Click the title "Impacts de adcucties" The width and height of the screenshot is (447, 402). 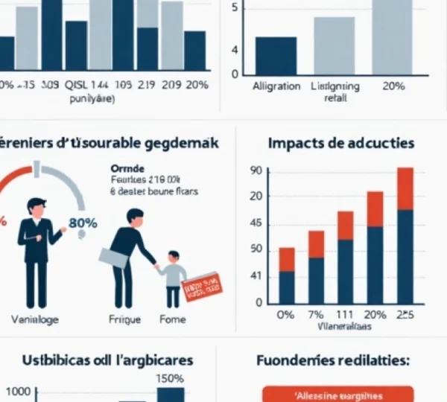[340, 143]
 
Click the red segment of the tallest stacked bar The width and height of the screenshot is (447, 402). [405, 188]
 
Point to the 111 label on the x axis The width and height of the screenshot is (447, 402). [346, 314]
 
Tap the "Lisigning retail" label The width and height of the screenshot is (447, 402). [335, 92]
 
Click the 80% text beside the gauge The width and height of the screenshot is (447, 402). [82, 222]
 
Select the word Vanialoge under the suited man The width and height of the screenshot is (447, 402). [35, 319]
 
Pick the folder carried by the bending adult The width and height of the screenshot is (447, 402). [115, 258]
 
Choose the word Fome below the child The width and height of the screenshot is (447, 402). [174, 319]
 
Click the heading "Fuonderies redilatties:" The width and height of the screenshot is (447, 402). [332, 360]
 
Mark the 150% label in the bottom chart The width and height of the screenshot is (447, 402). [170, 378]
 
